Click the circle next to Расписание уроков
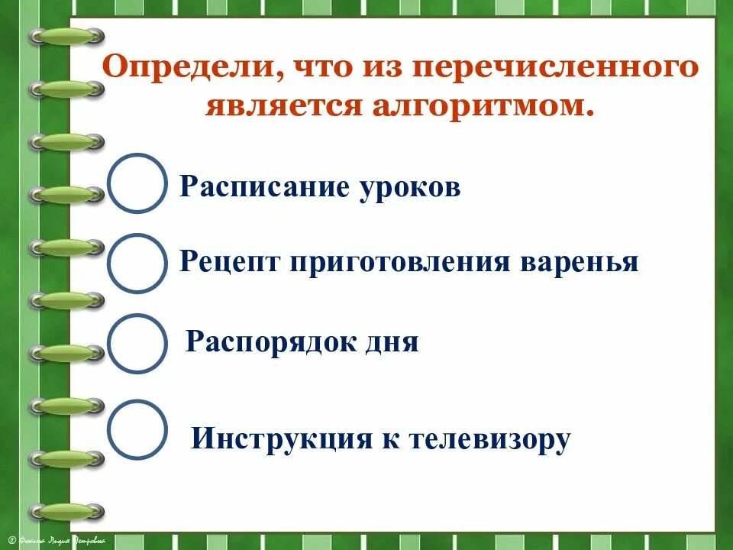point(137,183)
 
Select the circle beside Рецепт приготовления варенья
point(137,264)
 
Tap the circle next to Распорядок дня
point(137,343)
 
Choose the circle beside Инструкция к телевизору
point(137,429)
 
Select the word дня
point(394,341)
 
